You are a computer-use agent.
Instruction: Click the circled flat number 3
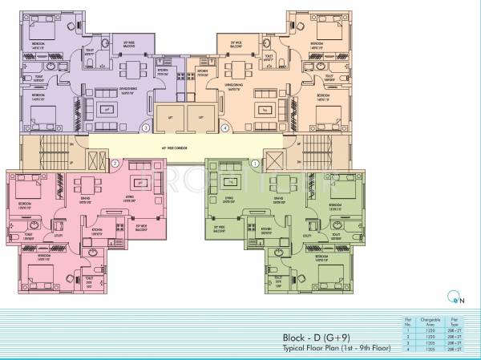click(x=145, y=127)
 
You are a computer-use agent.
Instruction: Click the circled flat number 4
click(x=225, y=127)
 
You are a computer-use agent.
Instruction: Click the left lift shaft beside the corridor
click(x=171, y=115)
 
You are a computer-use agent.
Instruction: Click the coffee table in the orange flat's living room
click(x=261, y=107)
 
